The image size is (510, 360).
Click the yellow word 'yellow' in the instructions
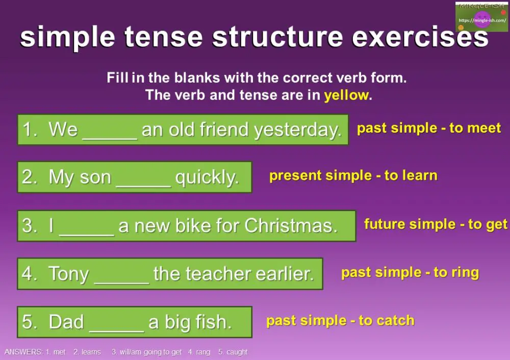point(346,95)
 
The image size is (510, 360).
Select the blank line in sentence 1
point(110,131)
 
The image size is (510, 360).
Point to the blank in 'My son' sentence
point(143,178)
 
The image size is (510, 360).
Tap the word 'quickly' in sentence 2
point(207,178)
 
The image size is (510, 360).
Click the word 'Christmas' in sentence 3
point(291,225)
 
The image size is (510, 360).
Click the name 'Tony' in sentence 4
point(69,274)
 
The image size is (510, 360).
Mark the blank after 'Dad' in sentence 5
point(117,322)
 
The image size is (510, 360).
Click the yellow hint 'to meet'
point(476,128)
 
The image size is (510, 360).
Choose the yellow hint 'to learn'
point(411,176)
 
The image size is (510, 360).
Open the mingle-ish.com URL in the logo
point(482,21)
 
